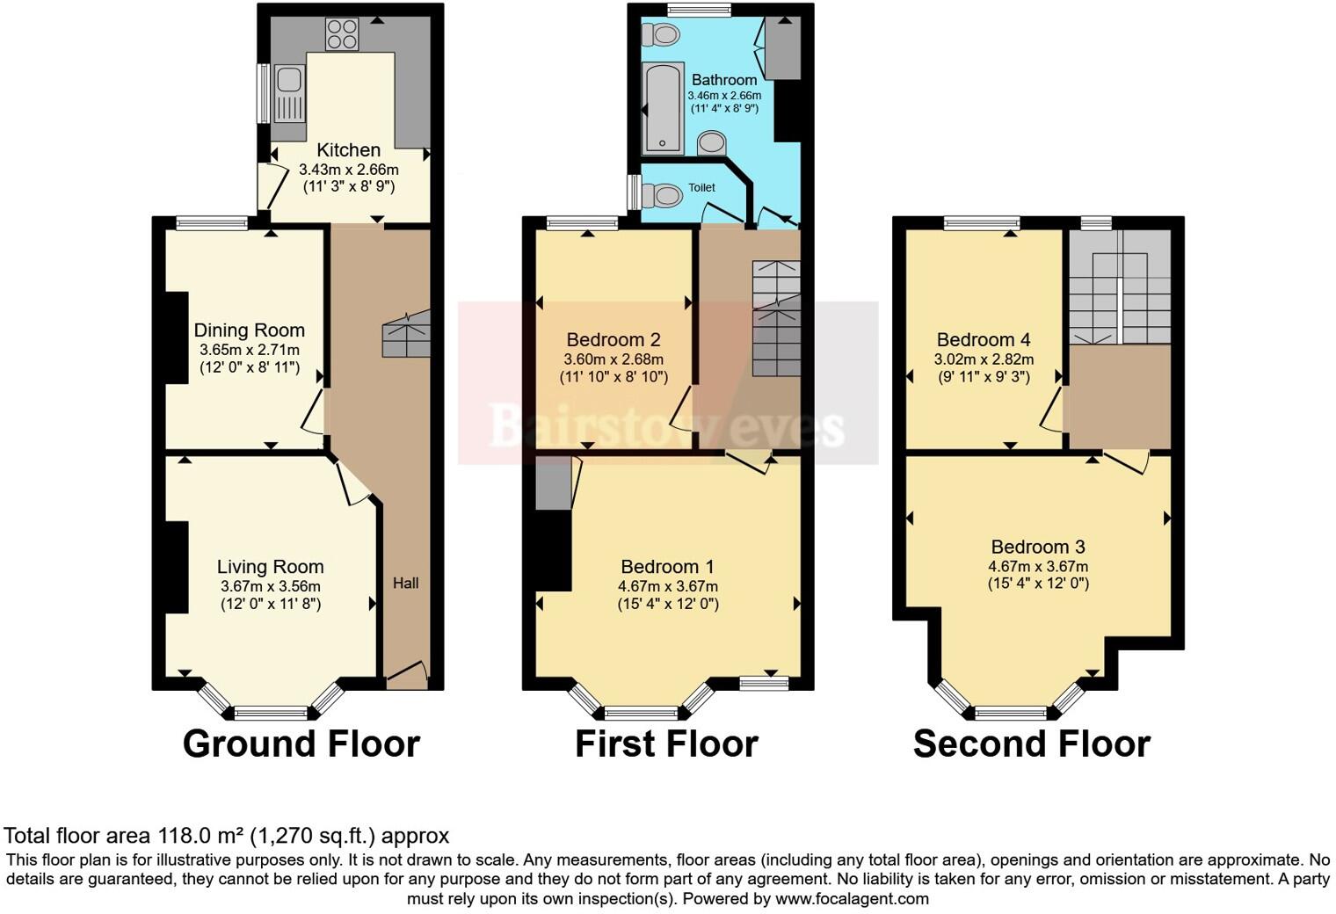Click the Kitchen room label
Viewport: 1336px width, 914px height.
(348, 150)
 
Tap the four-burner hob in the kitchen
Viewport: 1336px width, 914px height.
(342, 34)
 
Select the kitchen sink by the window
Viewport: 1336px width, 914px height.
(287, 93)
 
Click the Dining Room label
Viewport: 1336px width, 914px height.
(249, 330)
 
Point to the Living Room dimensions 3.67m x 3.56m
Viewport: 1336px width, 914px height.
(270, 586)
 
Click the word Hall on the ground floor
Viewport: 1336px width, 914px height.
(405, 583)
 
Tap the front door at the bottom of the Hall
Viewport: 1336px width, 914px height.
(406, 676)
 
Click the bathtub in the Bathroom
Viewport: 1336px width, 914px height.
(664, 109)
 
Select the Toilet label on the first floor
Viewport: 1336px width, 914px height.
(701, 187)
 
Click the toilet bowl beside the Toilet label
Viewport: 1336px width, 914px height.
(664, 194)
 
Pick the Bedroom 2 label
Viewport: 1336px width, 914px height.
(614, 340)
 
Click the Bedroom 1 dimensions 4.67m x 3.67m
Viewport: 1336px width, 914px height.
(667, 586)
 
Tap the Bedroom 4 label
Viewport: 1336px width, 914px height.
(984, 340)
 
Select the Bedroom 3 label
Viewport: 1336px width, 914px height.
(1038, 548)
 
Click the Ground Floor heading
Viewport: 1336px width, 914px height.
(301, 744)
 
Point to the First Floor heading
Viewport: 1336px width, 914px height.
(666, 744)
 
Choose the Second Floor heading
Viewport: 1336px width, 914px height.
(1031, 744)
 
